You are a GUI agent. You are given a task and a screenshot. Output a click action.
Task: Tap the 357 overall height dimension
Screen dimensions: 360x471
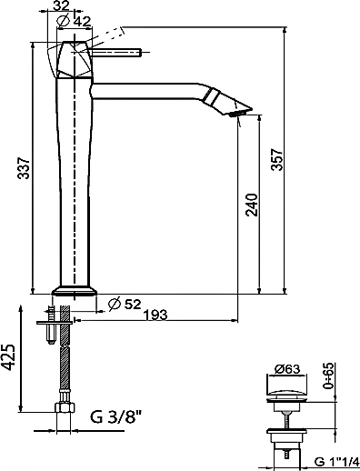pyautogui.click(x=276, y=159)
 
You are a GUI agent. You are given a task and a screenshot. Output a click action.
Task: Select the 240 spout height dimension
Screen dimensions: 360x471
pyautogui.click(x=252, y=205)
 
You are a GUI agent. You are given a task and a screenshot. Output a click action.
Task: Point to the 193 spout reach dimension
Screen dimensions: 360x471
pyautogui.click(x=155, y=316)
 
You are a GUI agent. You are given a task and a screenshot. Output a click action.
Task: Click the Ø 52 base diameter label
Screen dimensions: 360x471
pyautogui.click(x=125, y=304)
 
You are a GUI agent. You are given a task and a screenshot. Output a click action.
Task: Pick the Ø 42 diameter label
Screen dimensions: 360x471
pyautogui.click(x=74, y=21)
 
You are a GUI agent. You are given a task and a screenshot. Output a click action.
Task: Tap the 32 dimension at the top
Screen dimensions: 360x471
pyautogui.click(x=61, y=5)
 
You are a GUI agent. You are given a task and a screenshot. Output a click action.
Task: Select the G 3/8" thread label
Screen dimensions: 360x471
pyautogui.click(x=116, y=417)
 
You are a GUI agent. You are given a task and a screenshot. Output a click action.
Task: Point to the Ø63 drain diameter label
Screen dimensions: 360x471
pyautogui.click(x=287, y=369)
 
